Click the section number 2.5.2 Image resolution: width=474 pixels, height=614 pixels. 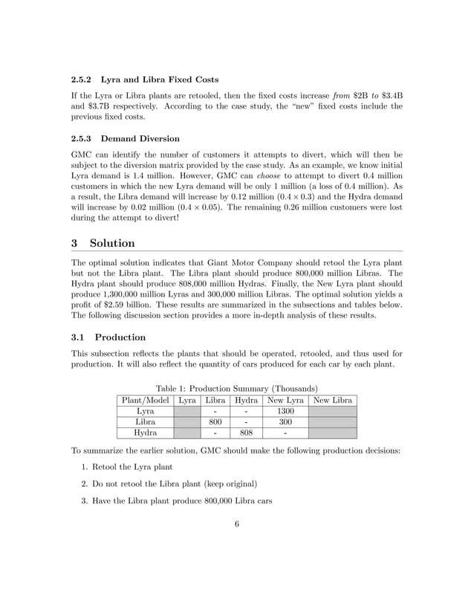[x=82, y=80]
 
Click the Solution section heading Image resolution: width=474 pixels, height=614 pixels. [x=111, y=243]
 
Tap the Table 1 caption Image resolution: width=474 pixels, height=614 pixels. [x=236, y=388]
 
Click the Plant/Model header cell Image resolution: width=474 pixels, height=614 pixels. [x=144, y=400]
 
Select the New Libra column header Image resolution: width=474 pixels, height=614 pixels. [x=332, y=400]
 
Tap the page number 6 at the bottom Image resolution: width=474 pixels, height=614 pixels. [x=236, y=524]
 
